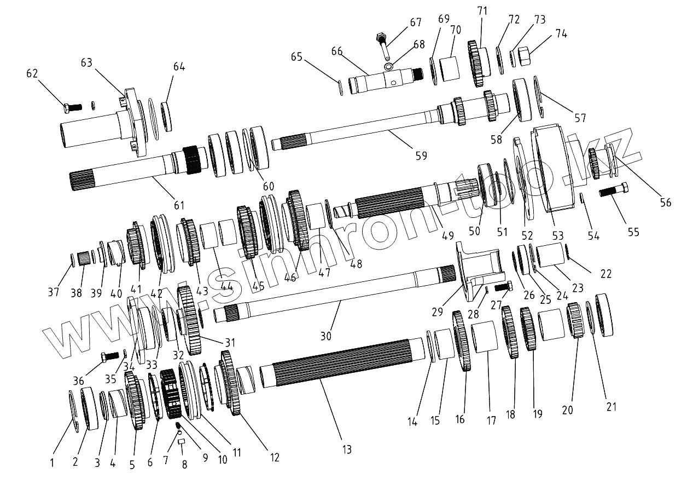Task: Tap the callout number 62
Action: pyautogui.click(x=33, y=72)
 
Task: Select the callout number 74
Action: pyautogui.click(x=561, y=34)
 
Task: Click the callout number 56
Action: pyautogui.click(x=665, y=203)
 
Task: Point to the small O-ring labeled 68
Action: pyautogui.click(x=388, y=67)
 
